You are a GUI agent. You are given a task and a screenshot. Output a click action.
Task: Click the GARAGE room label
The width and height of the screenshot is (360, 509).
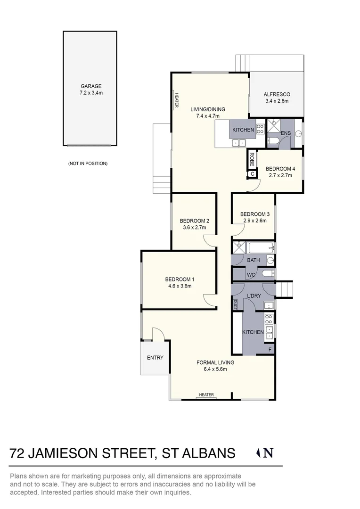coord(91,86)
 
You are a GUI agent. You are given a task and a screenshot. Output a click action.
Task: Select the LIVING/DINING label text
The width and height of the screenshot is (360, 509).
coord(208,109)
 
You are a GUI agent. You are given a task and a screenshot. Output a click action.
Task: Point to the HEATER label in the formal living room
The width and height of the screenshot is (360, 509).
coord(206,395)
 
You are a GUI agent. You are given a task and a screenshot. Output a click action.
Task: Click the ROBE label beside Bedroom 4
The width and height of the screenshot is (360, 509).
coord(252,158)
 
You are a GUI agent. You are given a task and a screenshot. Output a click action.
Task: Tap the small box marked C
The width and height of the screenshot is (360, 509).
coord(252,174)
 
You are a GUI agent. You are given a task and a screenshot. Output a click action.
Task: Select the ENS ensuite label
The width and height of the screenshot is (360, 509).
coord(285,134)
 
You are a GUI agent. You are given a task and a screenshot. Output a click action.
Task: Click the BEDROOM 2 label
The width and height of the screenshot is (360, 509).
coord(194,221)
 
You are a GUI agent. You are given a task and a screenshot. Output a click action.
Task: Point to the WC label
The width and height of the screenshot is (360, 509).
coord(251,274)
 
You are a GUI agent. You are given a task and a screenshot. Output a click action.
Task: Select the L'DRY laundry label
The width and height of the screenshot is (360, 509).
coord(254,296)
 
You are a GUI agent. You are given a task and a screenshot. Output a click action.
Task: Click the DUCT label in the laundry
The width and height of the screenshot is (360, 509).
coord(235,304)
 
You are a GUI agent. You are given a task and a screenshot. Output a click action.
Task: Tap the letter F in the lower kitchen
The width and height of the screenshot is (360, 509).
coord(270,350)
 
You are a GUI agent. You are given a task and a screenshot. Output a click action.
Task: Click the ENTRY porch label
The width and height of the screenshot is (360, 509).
coord(155,358)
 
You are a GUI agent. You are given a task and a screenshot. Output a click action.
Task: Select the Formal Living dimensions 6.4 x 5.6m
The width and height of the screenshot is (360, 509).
coord(215,369)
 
